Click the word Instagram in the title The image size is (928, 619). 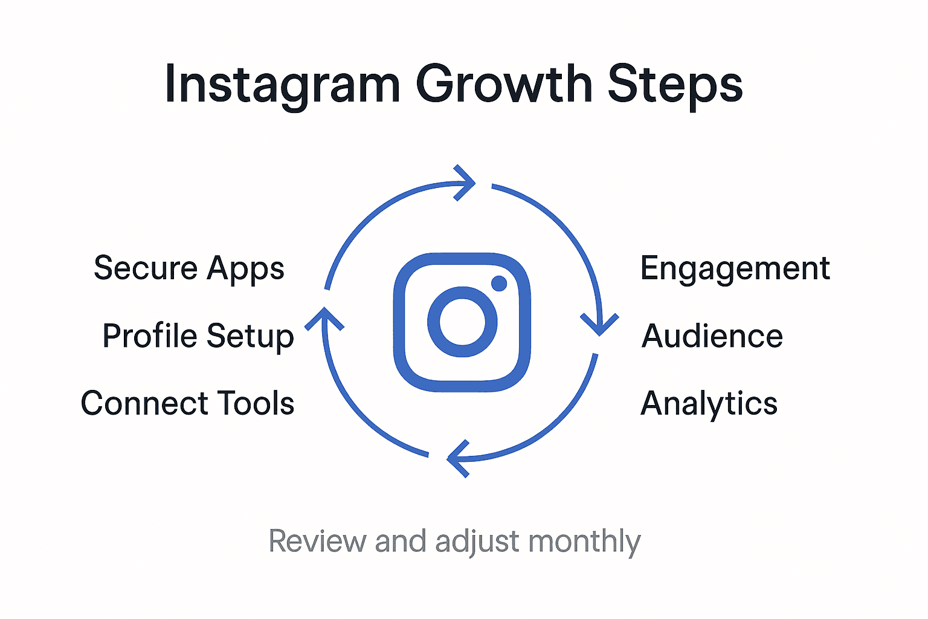tap(282, 85)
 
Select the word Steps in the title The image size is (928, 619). tap(675, 85)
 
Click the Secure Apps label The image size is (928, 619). tap(188, 268)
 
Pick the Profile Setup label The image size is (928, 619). tap(198, 336)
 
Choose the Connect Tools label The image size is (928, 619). tap(187, 403)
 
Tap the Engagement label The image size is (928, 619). tap(735, 268)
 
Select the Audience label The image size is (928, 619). tap(712, 336)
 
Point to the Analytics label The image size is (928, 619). tap(709, 403)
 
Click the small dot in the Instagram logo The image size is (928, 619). tap(499, 283)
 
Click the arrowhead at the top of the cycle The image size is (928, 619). tap(466, 183)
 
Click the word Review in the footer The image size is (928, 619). tap(317, 541)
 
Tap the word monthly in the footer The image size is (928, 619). tap(584, 542)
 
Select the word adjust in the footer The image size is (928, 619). tap(477, 542)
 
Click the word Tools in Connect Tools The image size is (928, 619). tap(256, 403)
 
